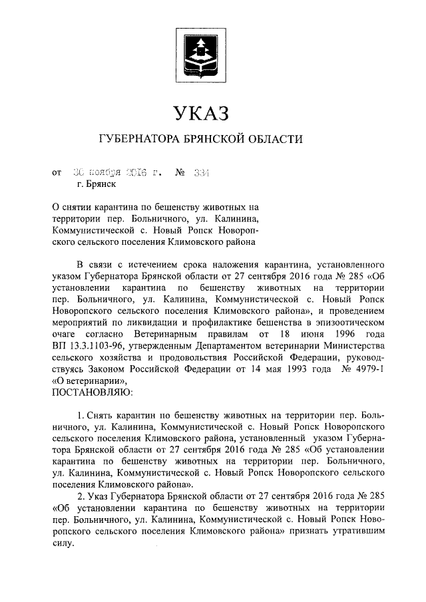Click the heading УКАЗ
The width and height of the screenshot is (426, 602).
coord(200,113)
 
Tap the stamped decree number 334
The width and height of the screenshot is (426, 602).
coord(200,174)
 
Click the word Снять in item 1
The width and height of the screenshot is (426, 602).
coord(103,416)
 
